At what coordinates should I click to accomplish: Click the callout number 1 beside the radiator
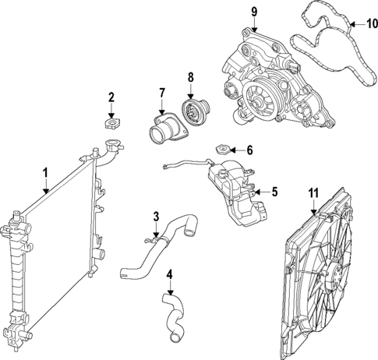coord(45,171)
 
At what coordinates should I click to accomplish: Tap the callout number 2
coord(111,97)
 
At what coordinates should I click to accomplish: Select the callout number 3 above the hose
coord(156,216)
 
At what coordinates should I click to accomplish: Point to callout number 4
coord(170,274)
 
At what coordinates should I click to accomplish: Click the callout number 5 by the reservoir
coord(274,190)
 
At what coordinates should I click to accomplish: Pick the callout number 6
coord(249,150)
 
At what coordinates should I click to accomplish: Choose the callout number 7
coord(161,94)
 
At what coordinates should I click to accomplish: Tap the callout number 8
coord(189,77)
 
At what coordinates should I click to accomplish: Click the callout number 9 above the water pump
coord(253,11)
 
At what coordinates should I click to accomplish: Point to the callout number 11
coord(313,191)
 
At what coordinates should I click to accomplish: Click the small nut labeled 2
coord(111,122)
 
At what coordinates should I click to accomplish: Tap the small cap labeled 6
coord(223,148)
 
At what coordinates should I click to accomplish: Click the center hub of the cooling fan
coord(332,276)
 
